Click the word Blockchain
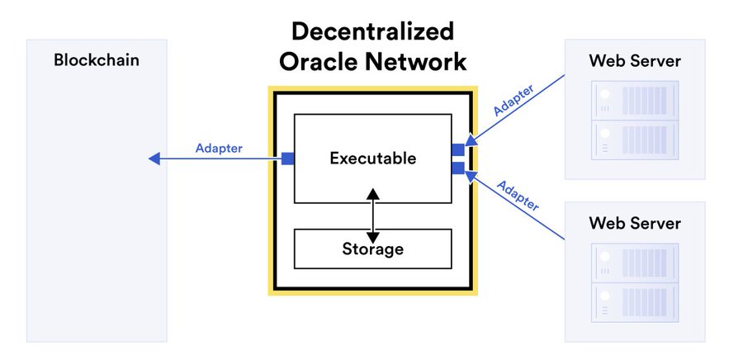97,60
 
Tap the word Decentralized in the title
372,31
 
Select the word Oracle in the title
318,62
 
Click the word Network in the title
414,62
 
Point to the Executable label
373,159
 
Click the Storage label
373,249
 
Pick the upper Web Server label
635,60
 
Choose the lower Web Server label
635,223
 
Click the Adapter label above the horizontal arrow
219,149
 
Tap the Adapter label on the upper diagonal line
513,100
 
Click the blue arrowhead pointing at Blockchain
154,159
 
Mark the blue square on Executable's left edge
287,159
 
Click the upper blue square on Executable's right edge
458,149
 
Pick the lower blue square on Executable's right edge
458,168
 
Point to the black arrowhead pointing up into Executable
373,194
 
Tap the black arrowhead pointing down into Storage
373,237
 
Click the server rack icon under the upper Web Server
635,121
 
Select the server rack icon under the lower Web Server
635,282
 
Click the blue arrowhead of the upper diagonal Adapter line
471,140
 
